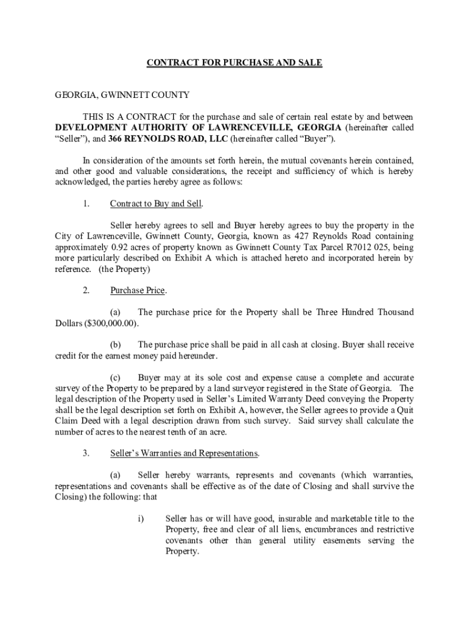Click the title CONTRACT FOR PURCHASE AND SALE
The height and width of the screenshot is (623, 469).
(x=234, y=63)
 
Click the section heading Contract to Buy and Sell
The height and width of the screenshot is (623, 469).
(x=156, y=203)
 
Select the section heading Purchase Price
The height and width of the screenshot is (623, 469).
(x=138, y=290)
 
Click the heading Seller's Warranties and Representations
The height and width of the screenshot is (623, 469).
(x=184, y=453)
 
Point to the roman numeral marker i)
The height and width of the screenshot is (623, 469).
(x=141, y=519)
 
